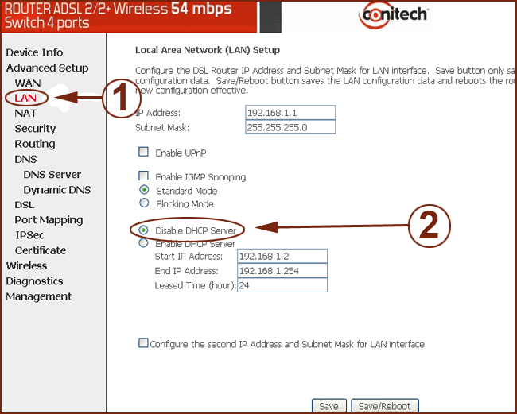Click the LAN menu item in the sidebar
point(25,98)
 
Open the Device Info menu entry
point(34,52)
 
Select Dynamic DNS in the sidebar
point(57,190)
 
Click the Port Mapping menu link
point(49,220)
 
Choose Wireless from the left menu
point(26,265)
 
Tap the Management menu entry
point(39,296)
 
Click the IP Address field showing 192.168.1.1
point(290,113)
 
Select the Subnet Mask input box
point(290,127)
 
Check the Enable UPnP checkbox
point(143,152)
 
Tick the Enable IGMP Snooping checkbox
point(143,176)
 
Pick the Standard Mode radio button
point(144,190)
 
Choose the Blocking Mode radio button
point(144,203)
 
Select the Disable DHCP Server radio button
point(143,230)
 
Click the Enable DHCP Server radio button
point(143,243)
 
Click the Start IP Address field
point(282,256)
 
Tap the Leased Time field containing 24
point(282,285)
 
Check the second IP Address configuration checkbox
point(143,342)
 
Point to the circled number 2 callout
point(430,226)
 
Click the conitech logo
point(394,15)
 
